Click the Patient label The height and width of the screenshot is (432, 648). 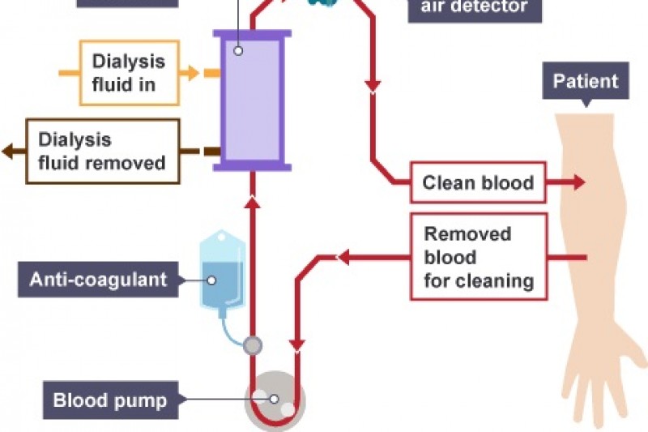586,81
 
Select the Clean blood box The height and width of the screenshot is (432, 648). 478,182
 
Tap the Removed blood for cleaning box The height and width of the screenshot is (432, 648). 479,257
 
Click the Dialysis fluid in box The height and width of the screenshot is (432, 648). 129,73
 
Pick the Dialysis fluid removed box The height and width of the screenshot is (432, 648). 102,152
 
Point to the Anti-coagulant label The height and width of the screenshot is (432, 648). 97,280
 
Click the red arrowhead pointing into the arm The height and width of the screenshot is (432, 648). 577,182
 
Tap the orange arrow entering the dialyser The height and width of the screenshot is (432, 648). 191,73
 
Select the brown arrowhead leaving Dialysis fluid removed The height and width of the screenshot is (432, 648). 7,151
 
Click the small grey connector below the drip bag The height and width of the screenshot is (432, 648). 253,346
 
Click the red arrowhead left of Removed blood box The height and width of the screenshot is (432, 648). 343,258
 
